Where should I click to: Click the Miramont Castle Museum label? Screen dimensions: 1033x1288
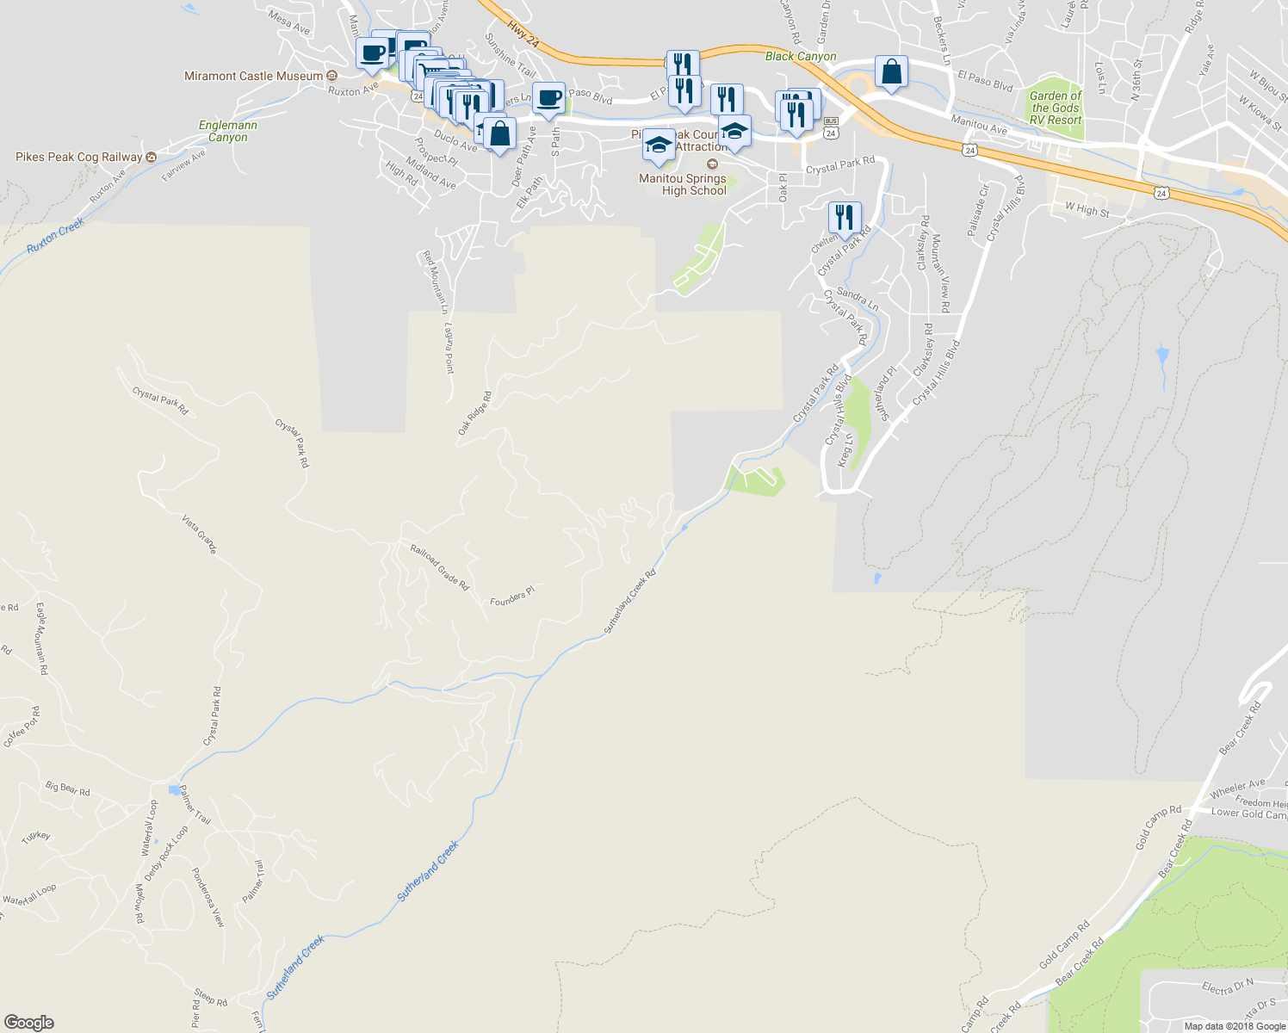pyautogui.click(x=254, y=76)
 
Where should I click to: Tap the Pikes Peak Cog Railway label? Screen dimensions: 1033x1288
pyautogui.click(x=79, y=157)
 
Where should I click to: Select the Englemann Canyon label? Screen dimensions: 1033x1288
pyautogui.click(x=228, y=131)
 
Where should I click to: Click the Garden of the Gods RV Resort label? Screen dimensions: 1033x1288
pyautogui.click(x=1056, y=108)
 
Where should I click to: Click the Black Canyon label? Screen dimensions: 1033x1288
pyautogui.click(x=801, y=56)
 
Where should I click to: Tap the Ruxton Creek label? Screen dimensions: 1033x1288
pyautogui.click(x=56, y=235)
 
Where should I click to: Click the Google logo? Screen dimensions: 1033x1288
pyautogui.click(x=29, y=1022)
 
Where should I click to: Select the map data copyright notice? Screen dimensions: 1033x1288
pyautogui.click(x=1235, y=1026)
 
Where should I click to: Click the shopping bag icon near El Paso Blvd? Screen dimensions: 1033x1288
pyautogui.click(x=892, y=72)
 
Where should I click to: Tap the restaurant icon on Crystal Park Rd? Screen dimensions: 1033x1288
pyautogui.click(x=845, y=218)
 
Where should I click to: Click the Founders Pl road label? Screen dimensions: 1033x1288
pyautogui.click(x=512, y=596)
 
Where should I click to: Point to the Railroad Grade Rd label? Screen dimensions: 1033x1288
pyautogui.click(x=440, y=567)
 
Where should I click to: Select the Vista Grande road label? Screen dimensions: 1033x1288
pyautogui.click(x=199, y=534)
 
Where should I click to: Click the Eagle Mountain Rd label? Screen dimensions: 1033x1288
pyautogui.click(x=40, y=638)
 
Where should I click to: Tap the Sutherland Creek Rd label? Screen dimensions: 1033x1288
pyautogui.click(x=630, y=601)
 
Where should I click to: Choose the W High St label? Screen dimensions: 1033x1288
pyautogui.click(x=1087, y=208)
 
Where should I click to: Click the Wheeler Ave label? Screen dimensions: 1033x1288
pyautogui.click(x=1237, y=788)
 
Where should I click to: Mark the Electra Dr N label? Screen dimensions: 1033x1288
pyautogui.click(x=1228, y=987)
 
